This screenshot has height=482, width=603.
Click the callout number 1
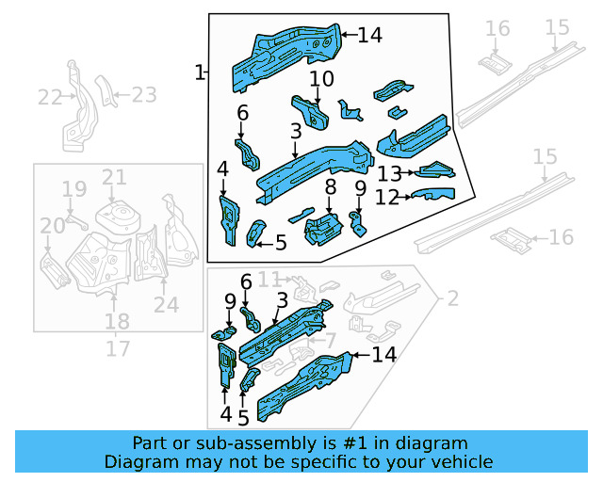(x=199, y=72)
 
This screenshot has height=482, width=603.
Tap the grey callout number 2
(x=452, y=298)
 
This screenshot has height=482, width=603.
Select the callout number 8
(x=330, y=188)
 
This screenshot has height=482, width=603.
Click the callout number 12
(x=387, y=197)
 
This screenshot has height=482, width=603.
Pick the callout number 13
(x=389, y=173)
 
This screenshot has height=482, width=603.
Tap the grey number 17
(x=117, y=348)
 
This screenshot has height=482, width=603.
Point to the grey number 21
(x=114, y=177)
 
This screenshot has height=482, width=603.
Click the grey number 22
(x=48, y=96)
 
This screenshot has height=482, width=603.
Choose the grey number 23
(x=143, y=94)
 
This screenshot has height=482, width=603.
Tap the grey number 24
(x=166, y=304)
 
